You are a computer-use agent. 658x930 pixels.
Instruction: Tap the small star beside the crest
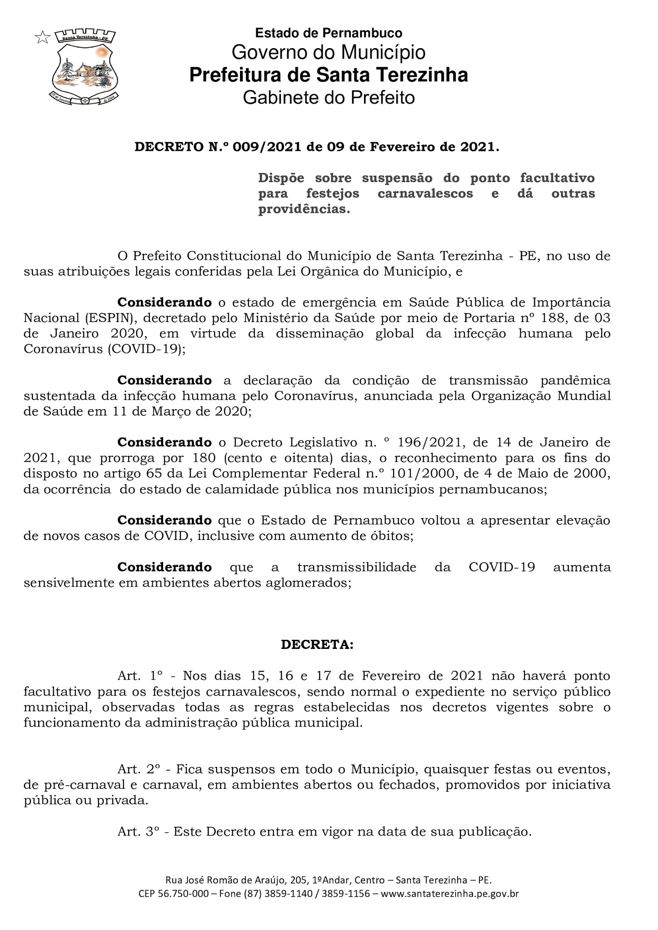coord(42,37)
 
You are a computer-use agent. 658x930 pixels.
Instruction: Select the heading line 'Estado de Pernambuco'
coord(329,33)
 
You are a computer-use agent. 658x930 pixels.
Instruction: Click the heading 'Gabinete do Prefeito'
coord(329,98)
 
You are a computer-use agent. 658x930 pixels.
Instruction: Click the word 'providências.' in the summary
coord(304,209)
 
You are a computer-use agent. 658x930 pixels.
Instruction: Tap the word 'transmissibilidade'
coord(357,567)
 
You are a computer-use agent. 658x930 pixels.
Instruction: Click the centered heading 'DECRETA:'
coord(317,645)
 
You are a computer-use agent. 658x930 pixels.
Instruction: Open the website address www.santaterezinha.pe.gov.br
coord(449,894)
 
